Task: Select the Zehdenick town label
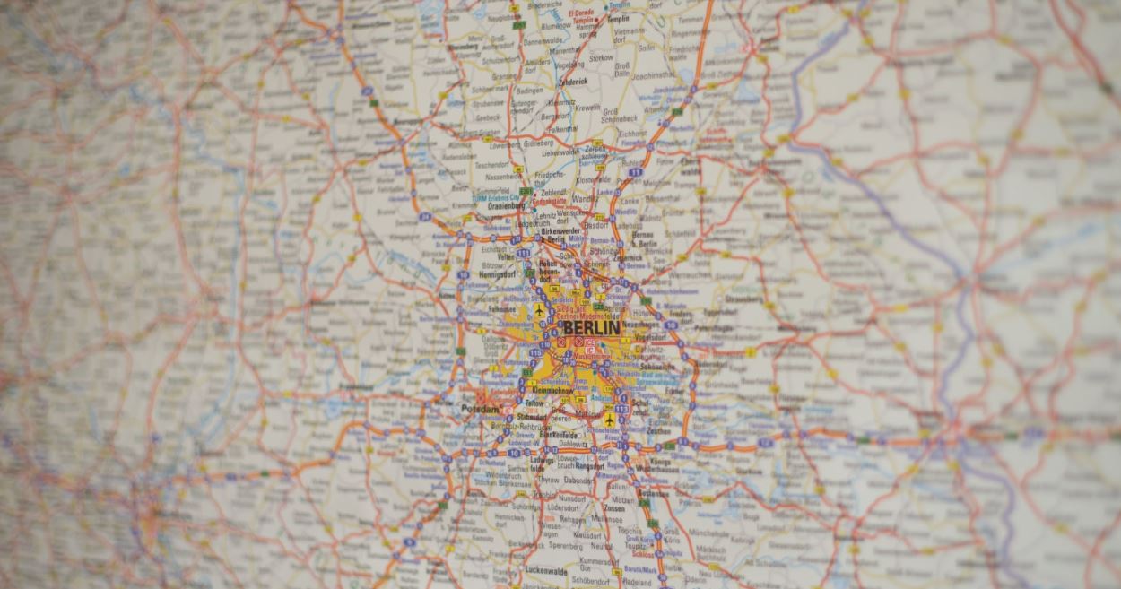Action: pyautogui.click(x=572, y=80)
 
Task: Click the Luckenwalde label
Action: pyautogui.click(x=549, y=570)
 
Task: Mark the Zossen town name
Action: pyautogui.click(x=614, y=507)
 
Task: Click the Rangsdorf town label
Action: pyautogui.click(x=589, y=466)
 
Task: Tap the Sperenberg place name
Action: pyautogui.click(x=565, y=545)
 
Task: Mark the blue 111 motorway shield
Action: pyautogui.click(x=636, y=171)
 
